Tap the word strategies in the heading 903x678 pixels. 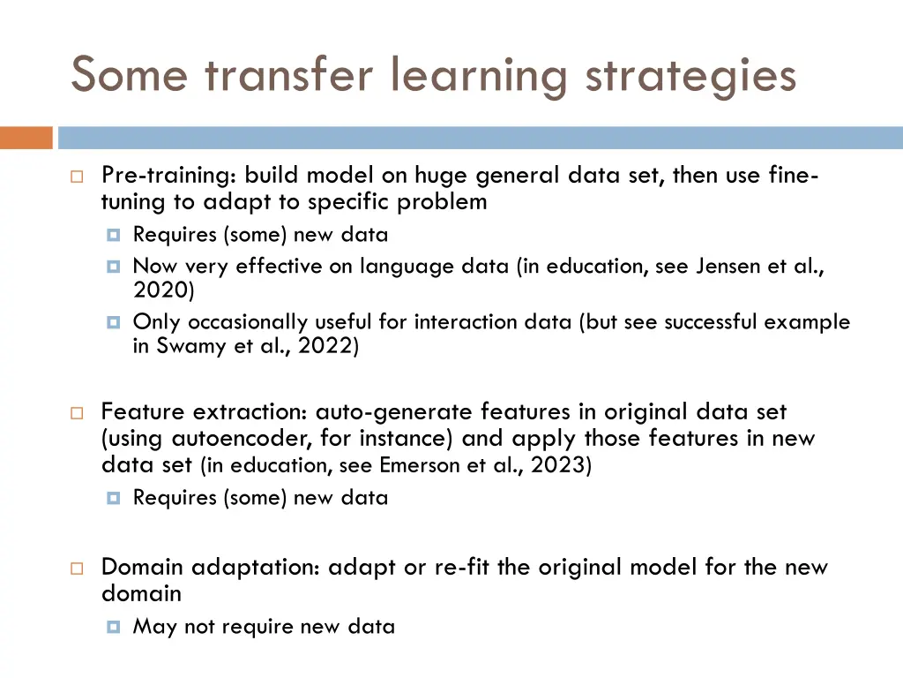[x=691, y=74]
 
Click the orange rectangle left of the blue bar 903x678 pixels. [x=26, y=138]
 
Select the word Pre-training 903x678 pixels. [x=168, y=176]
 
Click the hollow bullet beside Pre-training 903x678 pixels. [x=78, y=177]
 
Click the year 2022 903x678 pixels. [x=326, y=347]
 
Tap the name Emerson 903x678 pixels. [x=419, y=465]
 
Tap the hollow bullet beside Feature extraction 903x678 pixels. [x=78, y=413]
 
